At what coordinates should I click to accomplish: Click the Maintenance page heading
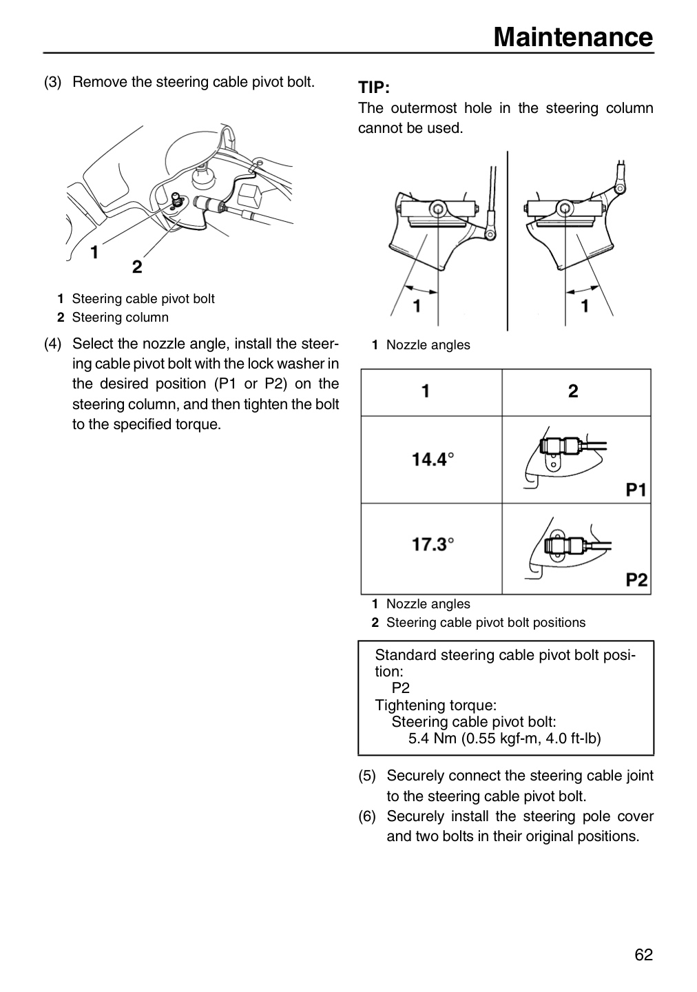pyautogui.click(x=573, y=37)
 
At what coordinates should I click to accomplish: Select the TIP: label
pyautogui.click(x=374, y=87)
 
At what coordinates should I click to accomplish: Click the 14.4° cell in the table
pyautogui.click(x=433, y=459)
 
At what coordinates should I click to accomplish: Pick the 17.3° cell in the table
pyautogui.click(x=433, y=544)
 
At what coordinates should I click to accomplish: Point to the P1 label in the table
pyautogui.click(x=636, y=490)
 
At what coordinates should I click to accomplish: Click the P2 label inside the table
pyautogui.click(x=636, y=580)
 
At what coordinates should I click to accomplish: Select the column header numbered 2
pyautogui.click(x=573, y=391)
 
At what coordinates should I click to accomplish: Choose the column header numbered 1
pyautogui.click(x=426, y=391)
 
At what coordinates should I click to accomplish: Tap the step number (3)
pyautogui.click(x=53, y=83)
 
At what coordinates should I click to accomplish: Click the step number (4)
pyautogui.click(x=53, y=344)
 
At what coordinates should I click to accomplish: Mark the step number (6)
pyautogui.click(x=367, y=816)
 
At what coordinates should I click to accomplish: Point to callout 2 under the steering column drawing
pyautogui.click(x=137, y=267)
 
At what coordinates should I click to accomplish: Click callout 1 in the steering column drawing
pyautogui.click(x=94, y=252)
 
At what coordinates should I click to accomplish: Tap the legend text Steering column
pyautogui.click(x=121, y=318)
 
